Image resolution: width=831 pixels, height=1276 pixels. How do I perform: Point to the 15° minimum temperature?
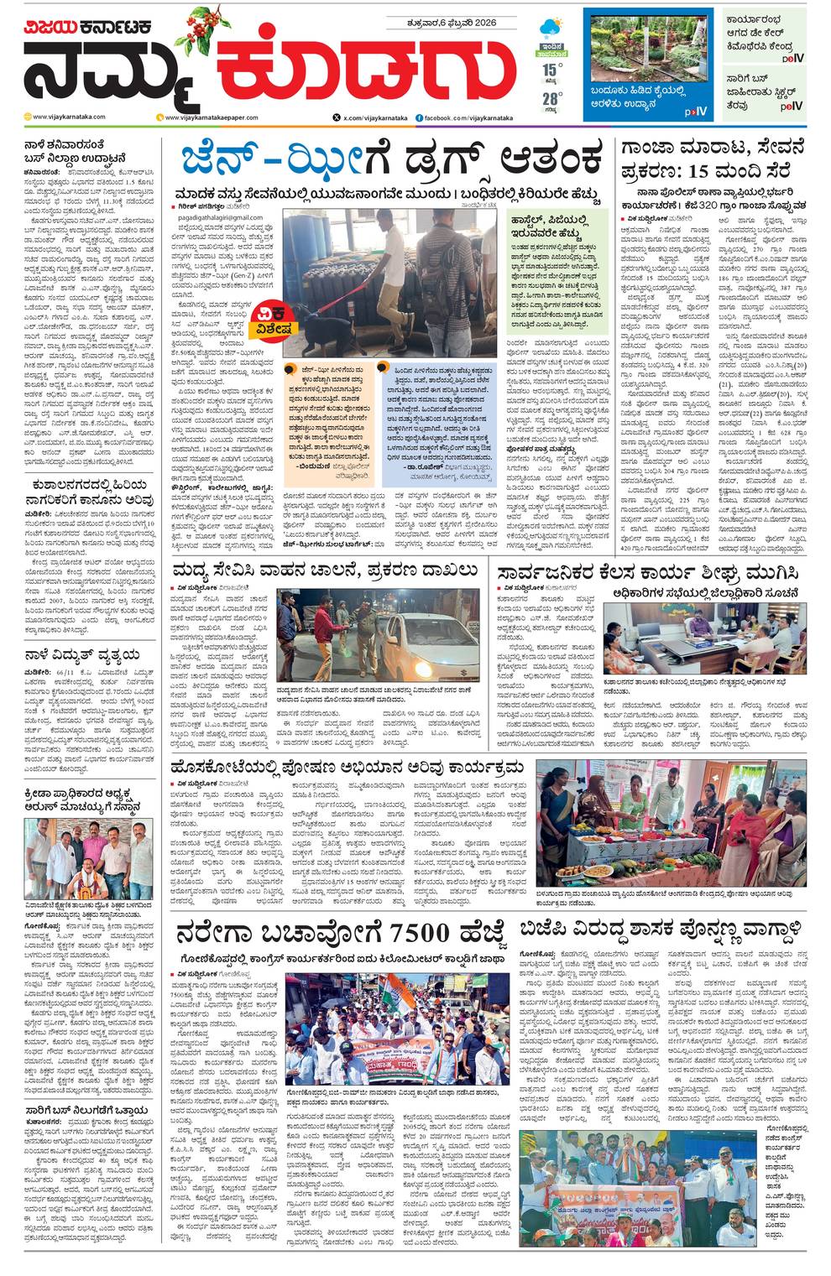(x=550, y=70)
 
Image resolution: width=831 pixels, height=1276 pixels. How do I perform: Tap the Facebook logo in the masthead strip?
(x=419, y=118)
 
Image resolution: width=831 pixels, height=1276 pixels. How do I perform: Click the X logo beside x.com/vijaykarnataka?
(x=337, y=118)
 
